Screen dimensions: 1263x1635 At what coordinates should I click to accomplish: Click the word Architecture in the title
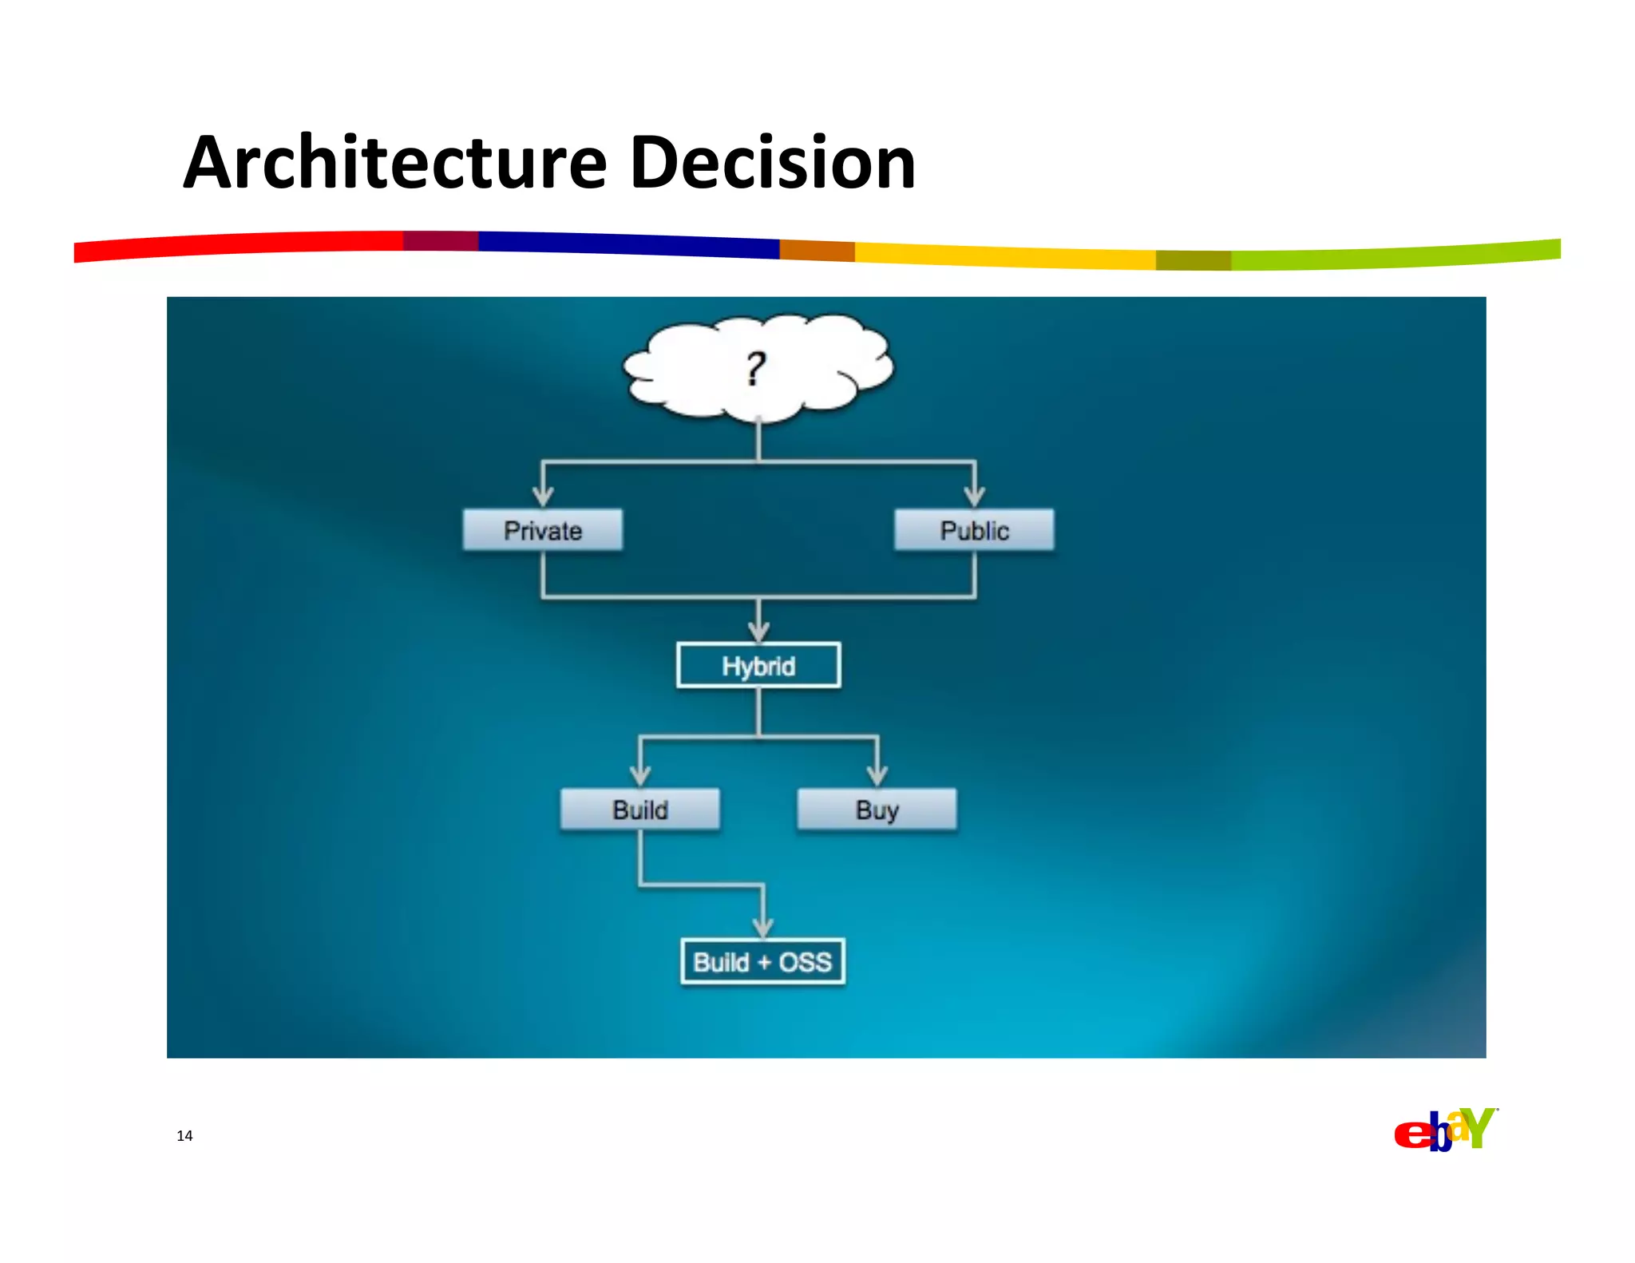click(395, 164)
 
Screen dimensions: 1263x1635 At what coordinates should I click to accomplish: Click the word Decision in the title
click(772, 164)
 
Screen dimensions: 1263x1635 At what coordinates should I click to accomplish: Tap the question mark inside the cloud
click(755, 370)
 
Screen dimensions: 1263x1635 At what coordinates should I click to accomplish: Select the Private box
click(542, 530)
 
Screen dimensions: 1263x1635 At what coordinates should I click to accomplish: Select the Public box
click(974, 530)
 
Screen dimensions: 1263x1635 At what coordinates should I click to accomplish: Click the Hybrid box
click(758, 665)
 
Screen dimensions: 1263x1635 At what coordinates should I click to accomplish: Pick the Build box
click(639, 810)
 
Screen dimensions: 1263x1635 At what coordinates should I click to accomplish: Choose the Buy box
click(877, 810)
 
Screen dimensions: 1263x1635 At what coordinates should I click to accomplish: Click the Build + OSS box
click(762, 961)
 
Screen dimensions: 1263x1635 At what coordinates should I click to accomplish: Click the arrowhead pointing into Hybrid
click(758, 630)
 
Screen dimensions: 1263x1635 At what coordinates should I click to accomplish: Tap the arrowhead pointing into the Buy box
click(877, 774)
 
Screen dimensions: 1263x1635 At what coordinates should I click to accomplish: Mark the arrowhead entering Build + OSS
click(763, 926)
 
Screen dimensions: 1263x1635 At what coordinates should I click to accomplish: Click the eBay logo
click(1445, 1130)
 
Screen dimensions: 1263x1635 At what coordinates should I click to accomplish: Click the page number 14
click(184, 1135)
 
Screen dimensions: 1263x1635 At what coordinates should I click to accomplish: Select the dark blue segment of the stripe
click(631, 244)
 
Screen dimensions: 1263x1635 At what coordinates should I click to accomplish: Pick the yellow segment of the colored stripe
click(1006, 256)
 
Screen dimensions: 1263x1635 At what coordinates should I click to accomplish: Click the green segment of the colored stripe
click(1397, 255)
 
